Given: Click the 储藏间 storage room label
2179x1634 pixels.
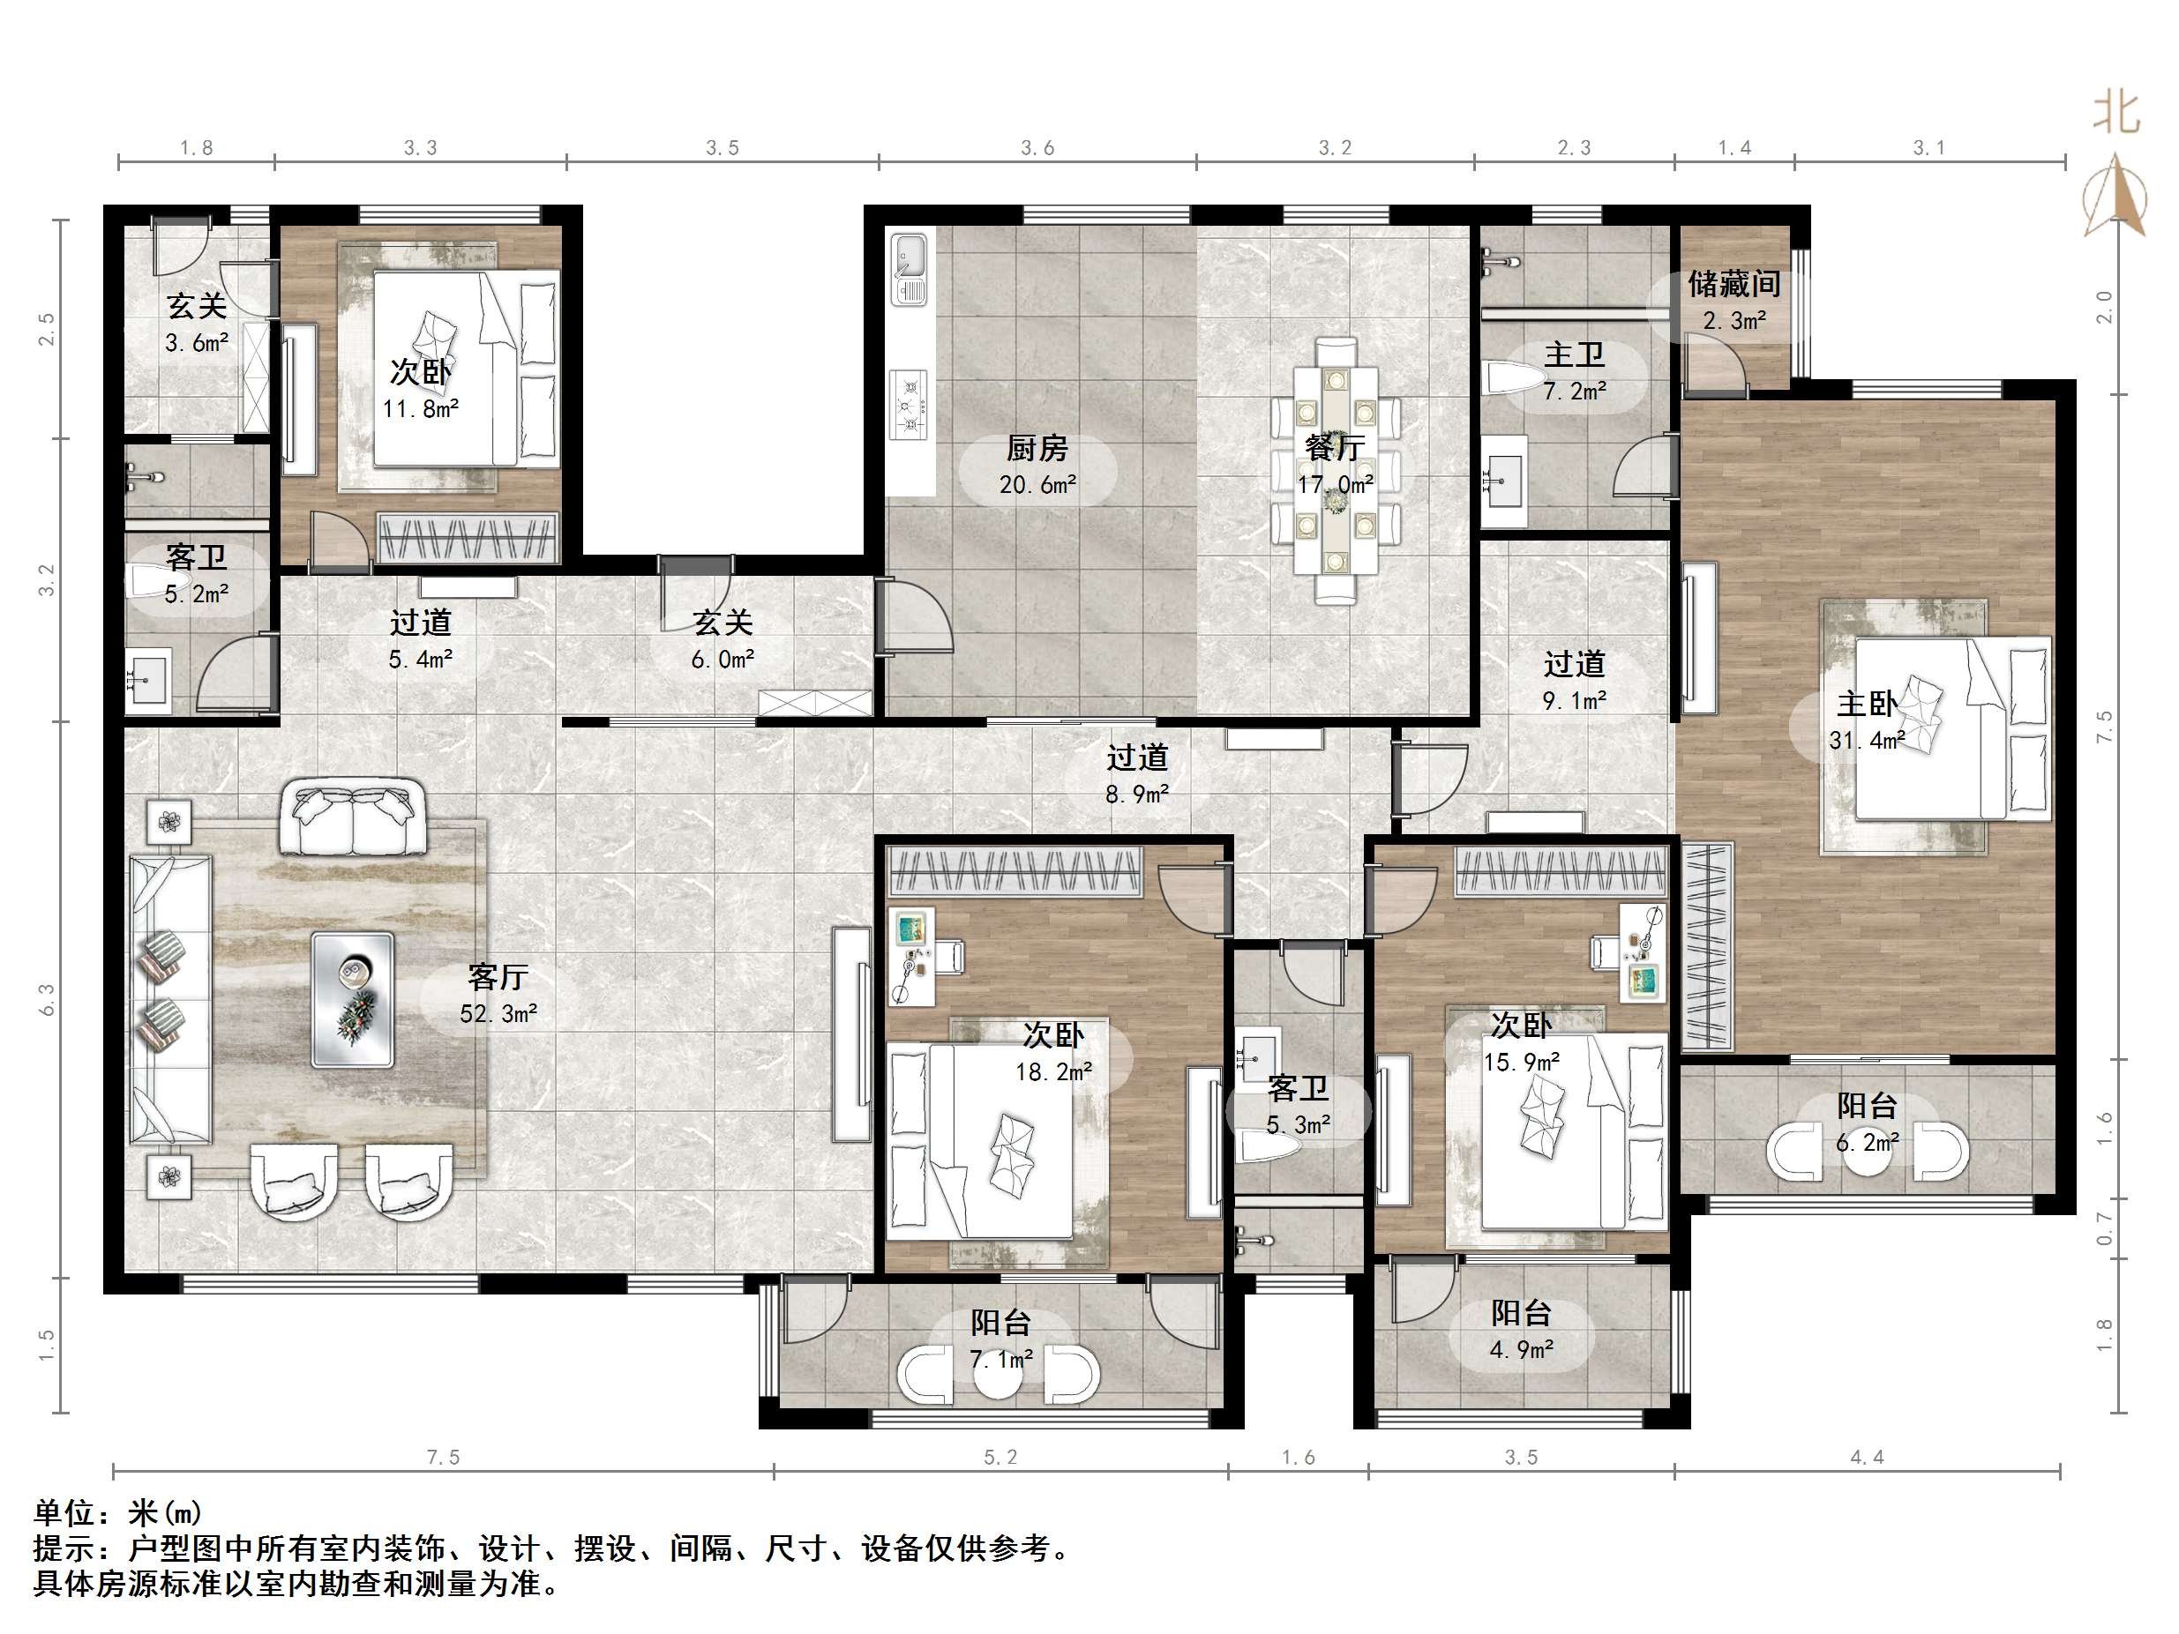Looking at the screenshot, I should (x=1733, y=285).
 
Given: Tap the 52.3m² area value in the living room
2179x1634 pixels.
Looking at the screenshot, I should (x=498, y=1013).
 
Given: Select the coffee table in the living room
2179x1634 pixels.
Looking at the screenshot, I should (x=353, y=1000).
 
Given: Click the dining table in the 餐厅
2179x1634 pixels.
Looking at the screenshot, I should (x=1336, y=470).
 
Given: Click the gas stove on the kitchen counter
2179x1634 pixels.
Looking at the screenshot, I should (x=909, y=404).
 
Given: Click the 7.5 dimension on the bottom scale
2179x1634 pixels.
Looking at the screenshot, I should (x=443, y=1457).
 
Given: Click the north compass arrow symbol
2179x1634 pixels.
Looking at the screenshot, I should (x=2114, y=197).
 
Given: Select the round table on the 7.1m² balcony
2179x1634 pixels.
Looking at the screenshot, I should (x=998, y=1373).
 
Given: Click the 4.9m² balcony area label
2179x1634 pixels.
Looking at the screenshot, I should (x=1521, y=1349).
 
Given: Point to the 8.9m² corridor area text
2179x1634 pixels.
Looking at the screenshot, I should (x=1137, y=794).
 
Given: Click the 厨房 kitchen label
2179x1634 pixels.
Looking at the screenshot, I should (x=1037, y=449).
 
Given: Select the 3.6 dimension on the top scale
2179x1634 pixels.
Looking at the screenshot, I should (x=1037, y=148).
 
